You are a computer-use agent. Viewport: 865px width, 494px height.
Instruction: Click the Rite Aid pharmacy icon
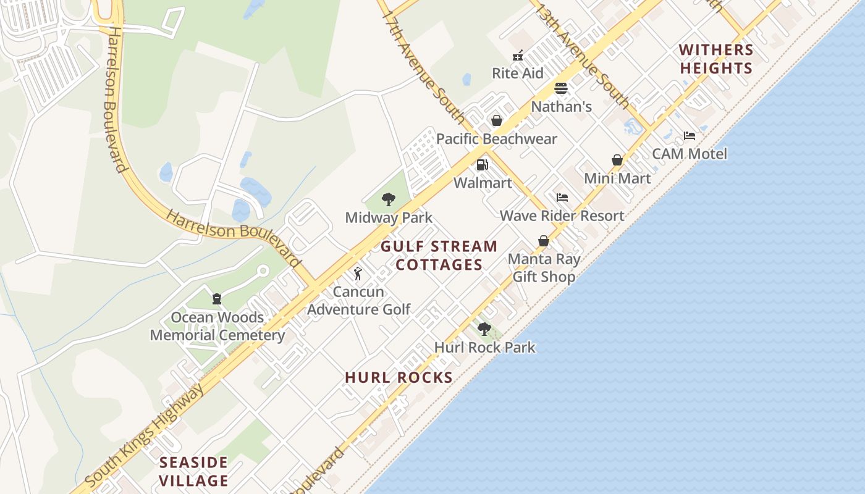click(518, 56)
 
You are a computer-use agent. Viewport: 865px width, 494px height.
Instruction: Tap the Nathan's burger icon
click(561, 88)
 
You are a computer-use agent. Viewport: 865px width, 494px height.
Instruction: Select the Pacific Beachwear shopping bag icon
click(496, 120)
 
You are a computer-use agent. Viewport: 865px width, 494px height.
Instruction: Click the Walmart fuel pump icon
click(482, 165)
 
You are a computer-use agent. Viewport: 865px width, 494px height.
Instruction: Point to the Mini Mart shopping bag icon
click(617, 161)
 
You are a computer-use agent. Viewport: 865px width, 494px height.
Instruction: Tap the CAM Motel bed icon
click(690, 136)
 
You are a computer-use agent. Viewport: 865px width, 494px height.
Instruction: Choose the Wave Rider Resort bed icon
click(562, 198)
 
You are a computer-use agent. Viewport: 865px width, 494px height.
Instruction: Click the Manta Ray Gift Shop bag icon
click(544, 241)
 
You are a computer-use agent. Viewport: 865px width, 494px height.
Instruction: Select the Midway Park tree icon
click(388, 199)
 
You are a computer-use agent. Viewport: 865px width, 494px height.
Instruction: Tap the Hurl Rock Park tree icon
click(484, 329)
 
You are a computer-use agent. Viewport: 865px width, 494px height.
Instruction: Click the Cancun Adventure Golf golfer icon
click(358, 274)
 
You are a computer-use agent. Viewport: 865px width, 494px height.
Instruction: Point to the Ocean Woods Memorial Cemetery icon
click(217, 299)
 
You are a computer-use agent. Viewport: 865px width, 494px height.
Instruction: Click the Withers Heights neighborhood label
click(716, 59)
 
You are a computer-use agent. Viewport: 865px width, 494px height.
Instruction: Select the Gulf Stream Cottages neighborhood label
click(439, 256)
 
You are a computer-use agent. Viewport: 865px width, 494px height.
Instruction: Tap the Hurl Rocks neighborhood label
click(399, 377)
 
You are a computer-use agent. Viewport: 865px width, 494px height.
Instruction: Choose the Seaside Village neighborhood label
click(194, 471)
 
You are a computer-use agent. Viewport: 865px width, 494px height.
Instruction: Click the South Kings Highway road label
click(144, 435)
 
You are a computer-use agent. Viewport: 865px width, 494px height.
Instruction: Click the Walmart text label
click(483, 183)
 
